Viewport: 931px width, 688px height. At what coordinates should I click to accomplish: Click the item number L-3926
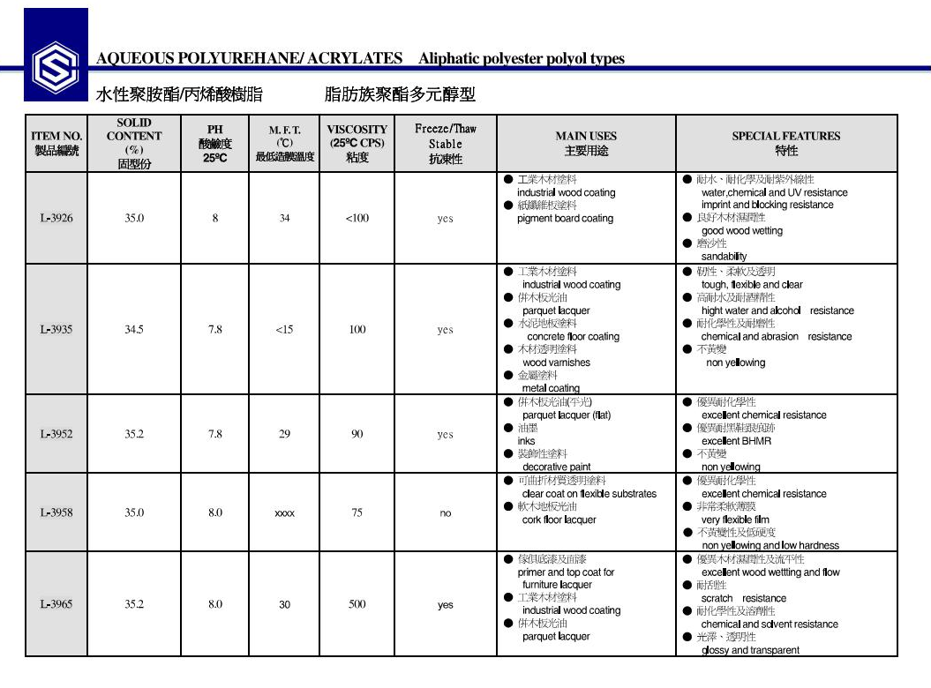(x=56, y=219)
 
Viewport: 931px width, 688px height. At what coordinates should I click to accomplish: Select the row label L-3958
(x=56, y=512)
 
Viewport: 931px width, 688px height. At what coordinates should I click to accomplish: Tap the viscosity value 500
(x=357, y=605)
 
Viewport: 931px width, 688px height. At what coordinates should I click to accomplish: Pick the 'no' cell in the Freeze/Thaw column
(x=446, y=512)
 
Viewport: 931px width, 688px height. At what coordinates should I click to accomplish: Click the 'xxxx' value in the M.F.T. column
(x=284, y=512)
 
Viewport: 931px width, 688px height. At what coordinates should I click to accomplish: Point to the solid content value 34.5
(x=133, y=330)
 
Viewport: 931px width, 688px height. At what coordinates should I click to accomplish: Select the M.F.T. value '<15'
(x=284, y=330)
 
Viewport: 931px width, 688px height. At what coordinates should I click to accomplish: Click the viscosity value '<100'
(x=357, y=219)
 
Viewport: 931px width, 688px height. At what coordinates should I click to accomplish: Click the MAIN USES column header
(x=586, y=143)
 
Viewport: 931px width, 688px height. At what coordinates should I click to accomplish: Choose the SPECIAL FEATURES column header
(x=785, y=143)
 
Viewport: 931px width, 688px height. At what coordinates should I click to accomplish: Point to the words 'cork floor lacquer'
(x=559, y=520)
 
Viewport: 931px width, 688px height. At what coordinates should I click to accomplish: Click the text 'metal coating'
(x=551, y=388)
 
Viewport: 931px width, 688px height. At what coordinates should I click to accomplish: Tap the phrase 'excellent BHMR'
(x=736, y=441)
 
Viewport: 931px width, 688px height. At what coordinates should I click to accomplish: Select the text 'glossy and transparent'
(x=750, y=650)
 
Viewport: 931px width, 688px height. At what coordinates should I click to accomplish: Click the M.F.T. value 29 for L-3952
(x=284, y=434)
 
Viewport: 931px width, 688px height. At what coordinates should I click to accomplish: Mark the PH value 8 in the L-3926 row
(x=215, y=219)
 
